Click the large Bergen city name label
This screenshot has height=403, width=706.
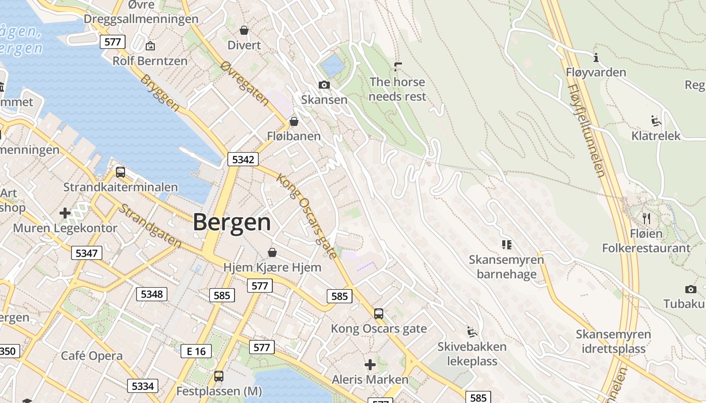coord(231,222)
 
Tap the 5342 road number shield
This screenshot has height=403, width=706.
coord(243,160)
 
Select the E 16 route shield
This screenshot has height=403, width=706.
coord(196,351)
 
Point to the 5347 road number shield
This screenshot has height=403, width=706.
coord(86,253)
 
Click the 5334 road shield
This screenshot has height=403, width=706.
coord(143,386)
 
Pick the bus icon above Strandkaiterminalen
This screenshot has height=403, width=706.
coord(121,172)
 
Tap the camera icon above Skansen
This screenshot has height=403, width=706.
coord(324,85)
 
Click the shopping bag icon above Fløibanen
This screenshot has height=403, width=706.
coord(294,121)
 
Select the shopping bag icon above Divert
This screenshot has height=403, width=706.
coord(244,30)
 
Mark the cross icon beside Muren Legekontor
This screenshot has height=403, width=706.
coord(65,213)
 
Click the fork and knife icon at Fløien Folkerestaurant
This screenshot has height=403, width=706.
coord(646,218)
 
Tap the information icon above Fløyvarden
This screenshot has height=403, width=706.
coord(596,57)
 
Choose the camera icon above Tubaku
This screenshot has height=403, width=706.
coord(690,289)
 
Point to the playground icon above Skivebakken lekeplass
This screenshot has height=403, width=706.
coord(472,331)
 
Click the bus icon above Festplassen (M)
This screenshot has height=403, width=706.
coord(219,376)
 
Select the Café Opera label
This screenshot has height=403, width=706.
coord(92,356)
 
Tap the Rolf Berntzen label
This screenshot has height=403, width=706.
coord(150,61)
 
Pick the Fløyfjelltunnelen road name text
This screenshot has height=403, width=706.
coord(586,130)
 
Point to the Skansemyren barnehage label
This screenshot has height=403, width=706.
coord(506,267)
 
